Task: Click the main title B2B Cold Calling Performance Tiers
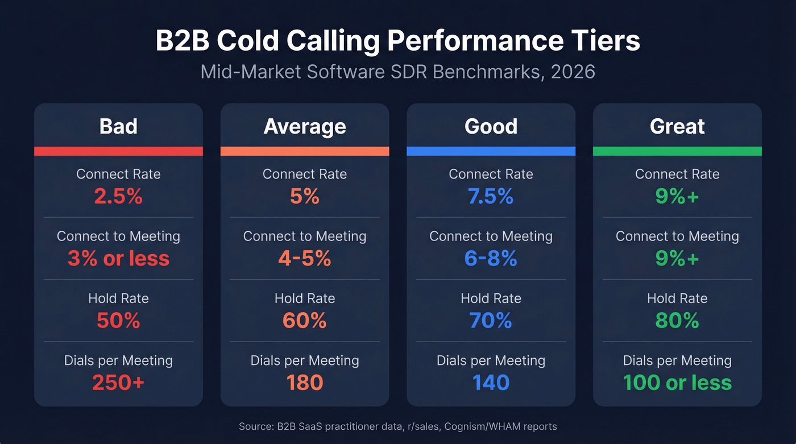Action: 397,42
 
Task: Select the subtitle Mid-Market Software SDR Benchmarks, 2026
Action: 397,72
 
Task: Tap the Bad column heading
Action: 118,126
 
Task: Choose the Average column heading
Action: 305,126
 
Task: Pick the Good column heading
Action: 491,126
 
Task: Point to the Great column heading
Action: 677,126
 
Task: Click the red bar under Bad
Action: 118,151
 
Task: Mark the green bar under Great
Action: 677,151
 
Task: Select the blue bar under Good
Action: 491,151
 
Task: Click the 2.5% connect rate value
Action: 118,197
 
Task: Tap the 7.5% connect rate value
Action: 491,197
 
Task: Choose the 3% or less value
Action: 118,259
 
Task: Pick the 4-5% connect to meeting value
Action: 305,259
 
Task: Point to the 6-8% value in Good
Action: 491,259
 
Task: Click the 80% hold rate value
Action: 677,321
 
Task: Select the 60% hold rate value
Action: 305,321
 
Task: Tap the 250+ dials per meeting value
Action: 118,383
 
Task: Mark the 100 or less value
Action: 677,383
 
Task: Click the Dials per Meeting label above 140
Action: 491,360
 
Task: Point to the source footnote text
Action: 397,426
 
